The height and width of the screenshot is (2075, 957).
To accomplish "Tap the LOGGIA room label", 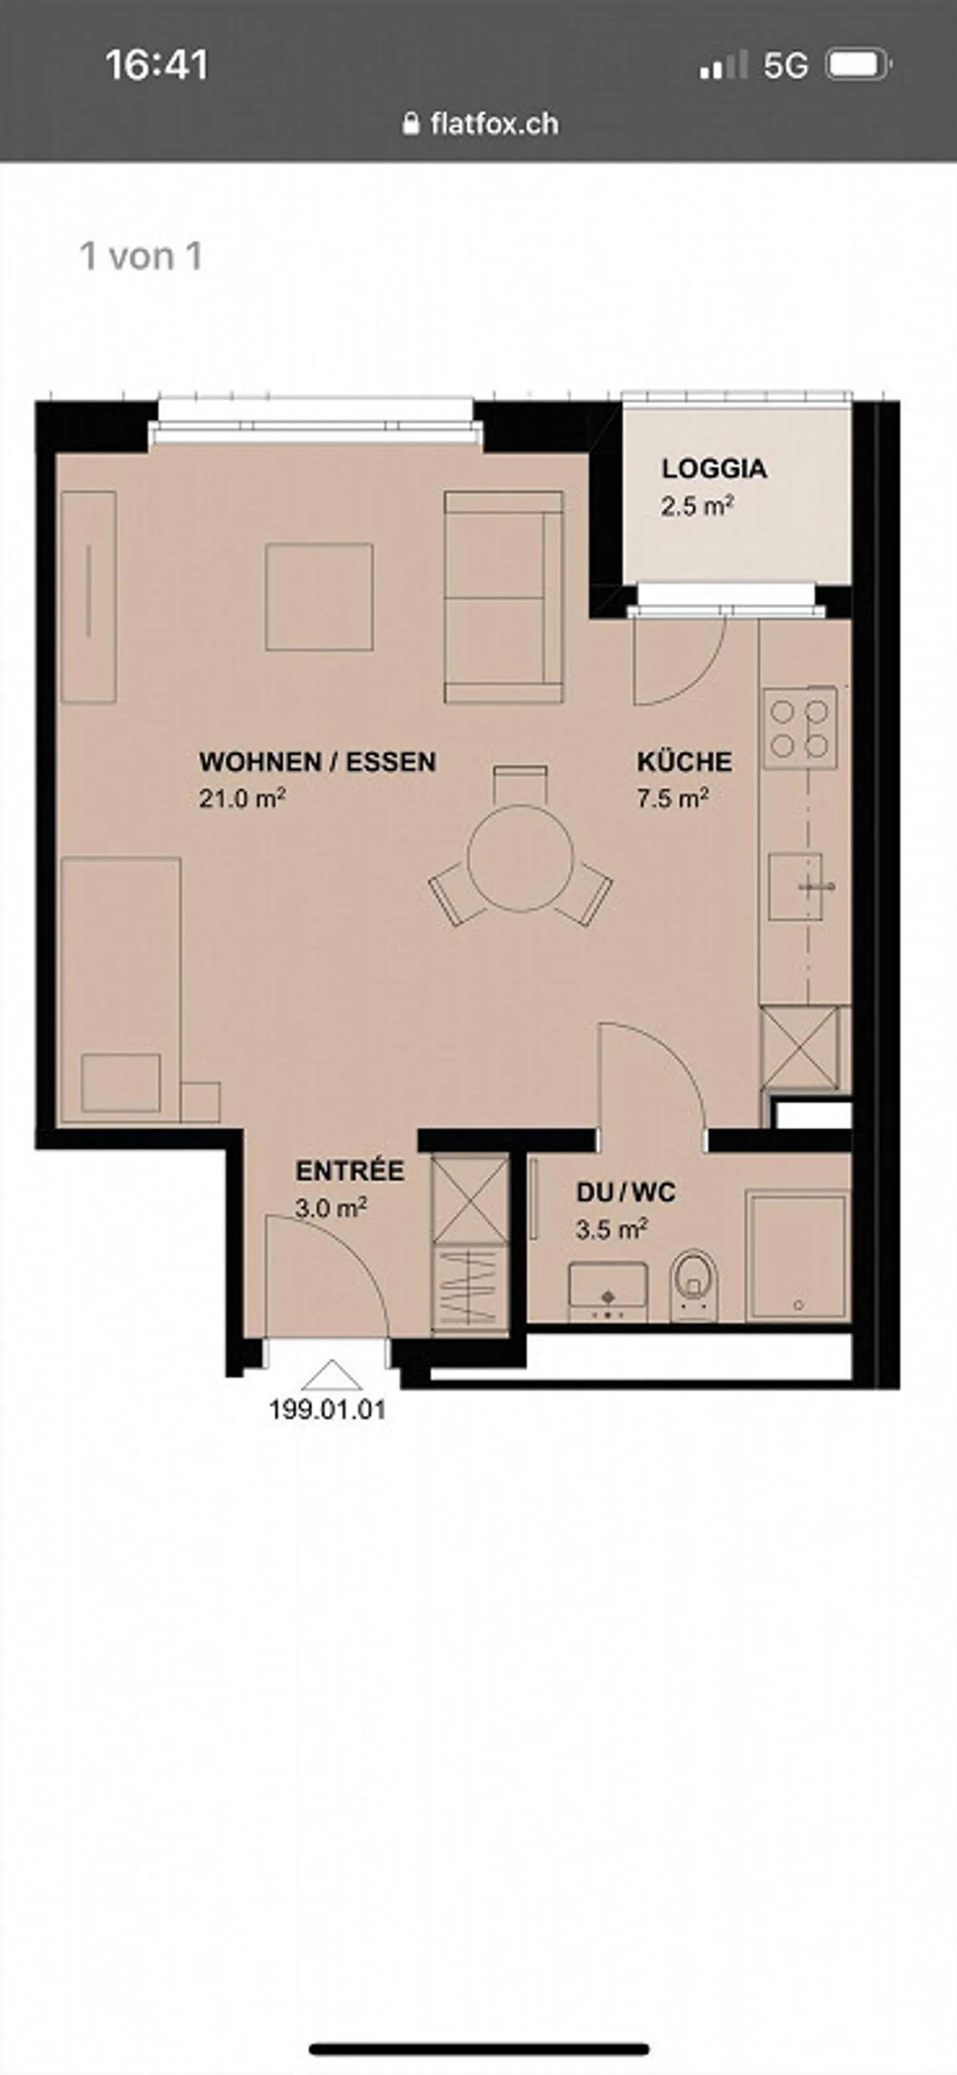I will [x=714, y=468].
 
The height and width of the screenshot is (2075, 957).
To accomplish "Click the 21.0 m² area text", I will [x=242, y=798].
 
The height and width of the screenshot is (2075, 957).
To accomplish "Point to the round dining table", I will [x=520, y=858].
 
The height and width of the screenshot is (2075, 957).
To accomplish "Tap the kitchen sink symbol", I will [x=796, y=886].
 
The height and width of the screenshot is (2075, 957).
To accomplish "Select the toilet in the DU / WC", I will [x=692, y=1281].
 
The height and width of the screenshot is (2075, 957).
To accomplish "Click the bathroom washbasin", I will [x=607, y=1289].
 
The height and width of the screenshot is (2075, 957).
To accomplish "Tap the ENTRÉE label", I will [x=349, y=1170].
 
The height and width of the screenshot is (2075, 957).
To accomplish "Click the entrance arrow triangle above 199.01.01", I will [x=331, y=1376].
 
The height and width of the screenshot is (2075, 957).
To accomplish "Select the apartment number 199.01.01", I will [x=327, y=1410].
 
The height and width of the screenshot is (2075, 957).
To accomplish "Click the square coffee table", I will [x=319, y=597].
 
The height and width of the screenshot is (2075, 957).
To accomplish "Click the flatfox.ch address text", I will [x=493, y=124].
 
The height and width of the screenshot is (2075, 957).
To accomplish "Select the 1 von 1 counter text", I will [x=141, y=256].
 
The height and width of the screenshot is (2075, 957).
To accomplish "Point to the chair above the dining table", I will [x=520, y=782].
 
